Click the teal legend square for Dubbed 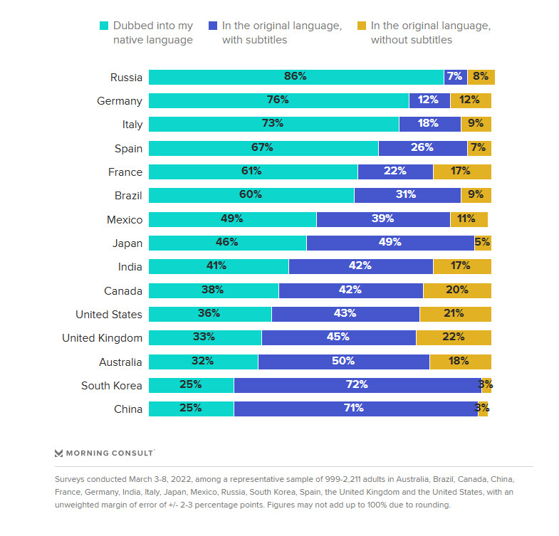[103, 26]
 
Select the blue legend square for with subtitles [212, 26]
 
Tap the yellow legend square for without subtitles [361, 26]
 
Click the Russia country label [126, 77]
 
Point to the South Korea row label [112, 386]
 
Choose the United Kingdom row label [102, 338]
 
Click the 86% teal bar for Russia [296, 77]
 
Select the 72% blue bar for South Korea [357, 386]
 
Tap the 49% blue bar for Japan [390, 243]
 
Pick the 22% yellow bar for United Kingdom [453, 338]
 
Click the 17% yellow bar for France [461, 172]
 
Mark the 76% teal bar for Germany [278, 101]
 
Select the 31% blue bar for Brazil [407, 196]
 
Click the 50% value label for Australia [343, 362]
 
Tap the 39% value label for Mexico [382, 219]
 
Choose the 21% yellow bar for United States [455, 315]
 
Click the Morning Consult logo [105, 452]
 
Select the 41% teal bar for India [218, 267]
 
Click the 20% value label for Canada [456, 290]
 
